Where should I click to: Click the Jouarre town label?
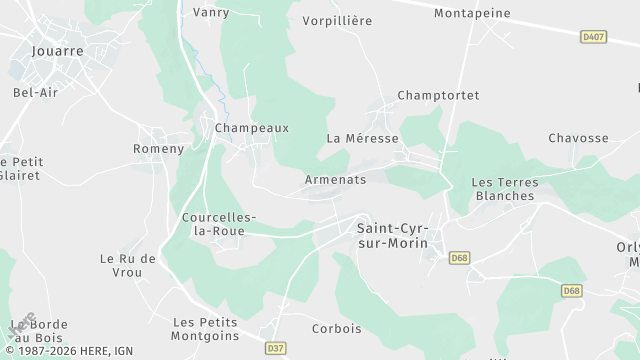pyautogui.click(x=57, y=49)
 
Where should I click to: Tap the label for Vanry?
pyautogui.click(x=210, y=13)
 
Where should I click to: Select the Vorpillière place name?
pyautogui.click(x=336, y=20)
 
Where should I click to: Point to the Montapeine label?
pyautogui.click(x=472, y=14)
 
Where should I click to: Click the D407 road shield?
pyautogui.click(x=593, y=37)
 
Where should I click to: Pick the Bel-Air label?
pyautogui.click(x=33, y=93)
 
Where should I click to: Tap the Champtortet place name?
pyautogui.click(x=438, y=95)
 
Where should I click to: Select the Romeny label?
pyautogui.click(x=159, y=149)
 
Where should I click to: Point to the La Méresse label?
pyautogui.click(x=362, y=138)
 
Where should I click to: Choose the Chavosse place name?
pyautogui.click(x=578, y=138)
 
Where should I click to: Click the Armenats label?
pyautogui.click(x=335, y=180)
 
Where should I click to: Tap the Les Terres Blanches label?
pyautogui.click(x=504, y=189)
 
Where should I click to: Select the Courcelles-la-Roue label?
pyautogui.click(x=219, y=224)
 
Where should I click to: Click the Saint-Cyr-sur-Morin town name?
pyautogui.click(x=392, y=235)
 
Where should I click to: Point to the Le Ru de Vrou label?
pyautogui.click(x=128, y=265)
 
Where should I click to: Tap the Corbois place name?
pyautogui.click(x=336, y=328)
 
